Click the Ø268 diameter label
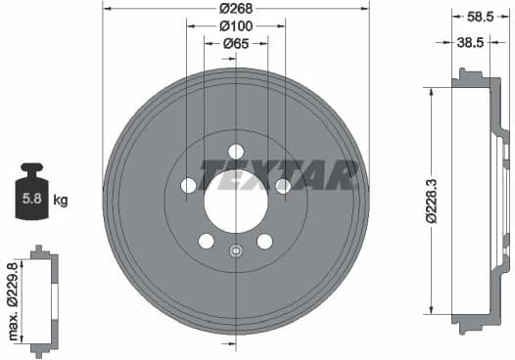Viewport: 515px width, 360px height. pyautogui.click(x=236, y=9)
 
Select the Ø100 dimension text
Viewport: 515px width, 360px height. pyautogui.click(x=236, y=25)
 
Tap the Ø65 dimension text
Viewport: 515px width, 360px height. pyautogui.click(x=236, y=42)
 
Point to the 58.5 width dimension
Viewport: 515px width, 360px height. pyautogui.click(x=479, y=16)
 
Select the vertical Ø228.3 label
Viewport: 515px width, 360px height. pyautogui.click(x=430, y=201)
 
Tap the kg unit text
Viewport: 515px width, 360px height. pyautogui.click(x=61, y=202)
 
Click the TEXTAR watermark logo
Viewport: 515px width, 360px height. pyautogui.click(x=279, y=174)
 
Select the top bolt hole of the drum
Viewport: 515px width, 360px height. pyautogui.click(x=236, y=151)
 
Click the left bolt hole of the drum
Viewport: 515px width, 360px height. pyautogui.click(x=188, y=185)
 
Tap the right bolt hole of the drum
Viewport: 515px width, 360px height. pyautogui.click(x=283, y=185)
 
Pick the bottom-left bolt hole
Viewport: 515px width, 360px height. pyautogui.click(x=207, y=241)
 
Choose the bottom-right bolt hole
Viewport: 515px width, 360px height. pyautogui.click(x=264, y=241)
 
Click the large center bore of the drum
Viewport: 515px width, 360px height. pyautogui.click(x=236, y=201)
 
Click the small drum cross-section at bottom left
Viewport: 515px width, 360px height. pyautogui.click(x=41, y=300)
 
